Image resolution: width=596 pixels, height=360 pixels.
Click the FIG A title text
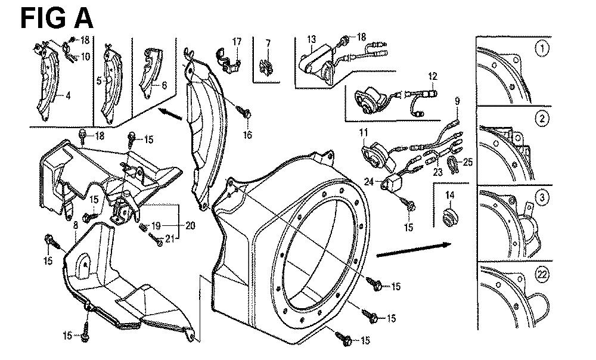pyautogui.click(x=57, y=18)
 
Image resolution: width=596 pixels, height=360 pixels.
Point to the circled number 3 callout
pyautogui.click(x=541, y=197)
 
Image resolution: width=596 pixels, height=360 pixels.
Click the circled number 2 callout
pyautogui.click(x=541, y=119)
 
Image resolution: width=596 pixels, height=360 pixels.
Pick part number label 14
pyautogui.click(x=449, y=195)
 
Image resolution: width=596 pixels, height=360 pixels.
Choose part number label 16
pyautogui.click(x=247, y=135)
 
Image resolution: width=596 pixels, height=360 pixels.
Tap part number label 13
pyautogui.click(x=311, y=40)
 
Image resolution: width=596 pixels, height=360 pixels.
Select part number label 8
pyautogui.click(x=75, y=225)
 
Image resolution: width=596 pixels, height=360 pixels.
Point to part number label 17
pyautogui.click(x=237, y=42)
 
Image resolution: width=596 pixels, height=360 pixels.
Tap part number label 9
pyautogui.click(x=458, y=102)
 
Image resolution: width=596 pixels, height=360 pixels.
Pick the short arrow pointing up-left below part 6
pyautogui.click(x=170, y=113)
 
